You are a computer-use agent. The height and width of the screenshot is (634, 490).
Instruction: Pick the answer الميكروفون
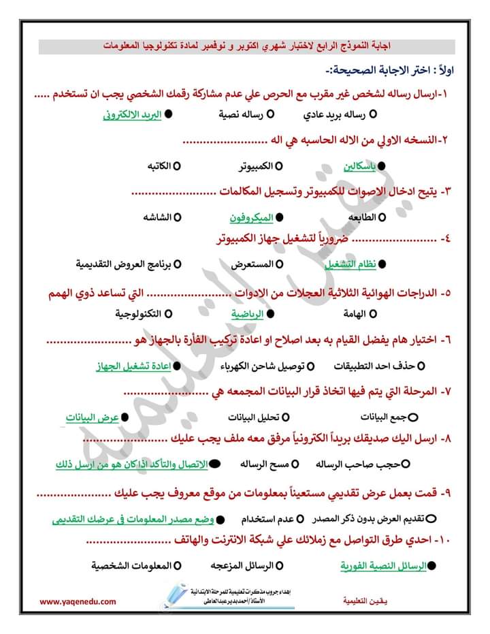click(x=251, y=217)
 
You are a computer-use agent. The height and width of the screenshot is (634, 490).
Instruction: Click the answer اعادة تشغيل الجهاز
click(x=133, y=366)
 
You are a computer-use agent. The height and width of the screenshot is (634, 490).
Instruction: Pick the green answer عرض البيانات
click(x=93, y=416)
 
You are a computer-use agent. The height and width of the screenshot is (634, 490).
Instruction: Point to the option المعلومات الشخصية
click(x=130, y=565)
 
